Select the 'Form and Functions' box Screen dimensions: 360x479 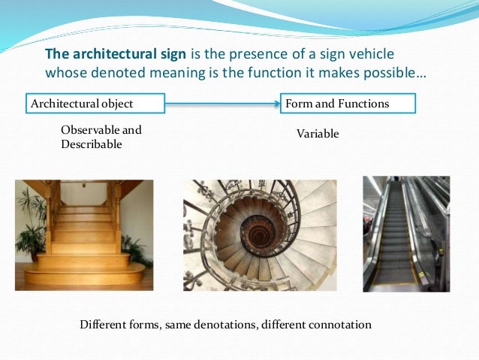click(348, 103)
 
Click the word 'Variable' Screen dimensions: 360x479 click(318, 134)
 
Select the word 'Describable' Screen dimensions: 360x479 click(91, 144)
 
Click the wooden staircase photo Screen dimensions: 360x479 click(83, 234)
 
